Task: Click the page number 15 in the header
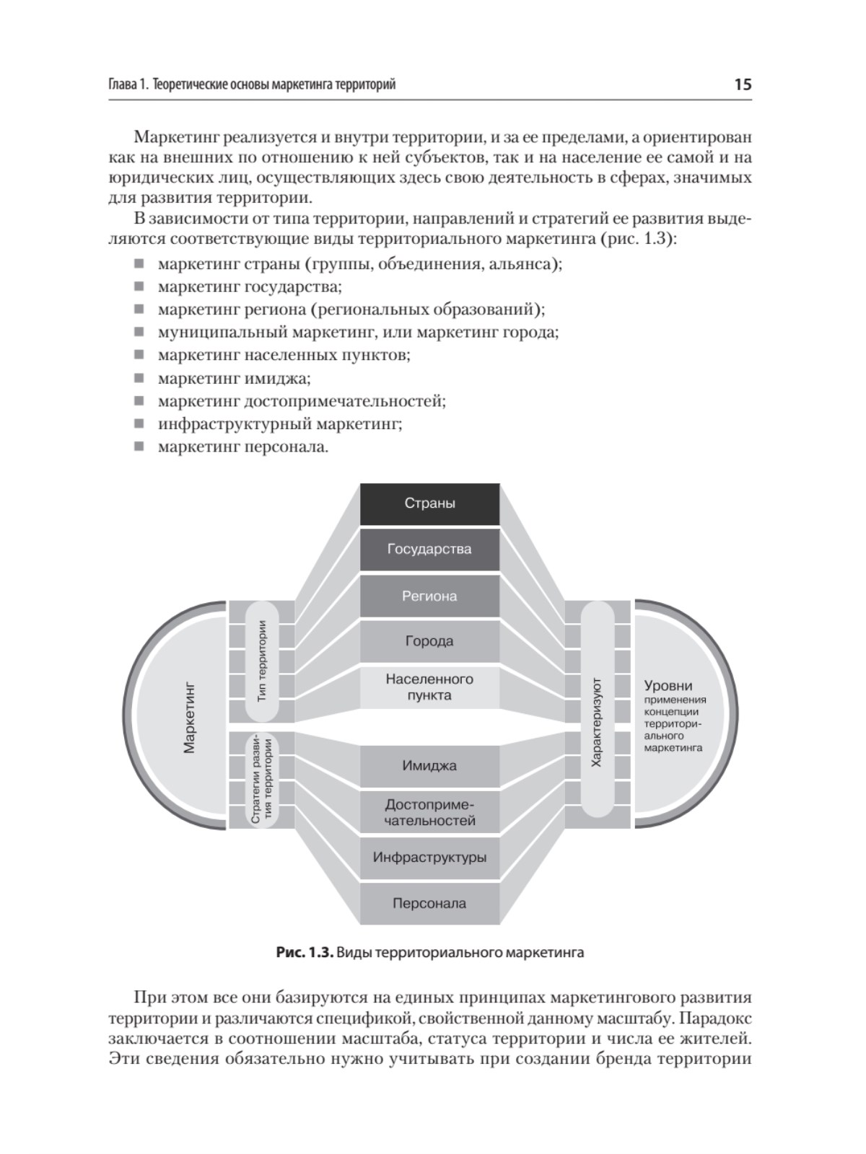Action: coord(743,84)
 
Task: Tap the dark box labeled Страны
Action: coord(429,503)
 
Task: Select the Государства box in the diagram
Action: coord(429,550)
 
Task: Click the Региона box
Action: coord(429,596)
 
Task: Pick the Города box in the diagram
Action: coord(429,641)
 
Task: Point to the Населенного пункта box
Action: coord(429,687)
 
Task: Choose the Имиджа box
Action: coord(429,766)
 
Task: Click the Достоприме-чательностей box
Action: coord(429,812)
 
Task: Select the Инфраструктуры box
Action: coord(429,858)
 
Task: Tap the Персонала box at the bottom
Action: coord(429,903)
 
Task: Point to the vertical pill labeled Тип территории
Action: coord(262,661)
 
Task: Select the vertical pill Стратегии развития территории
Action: coord(262,779)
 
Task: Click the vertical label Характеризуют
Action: coord(597,721)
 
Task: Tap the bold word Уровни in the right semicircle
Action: coord(668,686)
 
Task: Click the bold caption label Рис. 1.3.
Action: coord(305,953)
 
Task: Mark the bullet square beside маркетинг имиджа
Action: coord(139,378)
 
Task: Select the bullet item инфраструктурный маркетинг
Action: coord(280,424)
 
